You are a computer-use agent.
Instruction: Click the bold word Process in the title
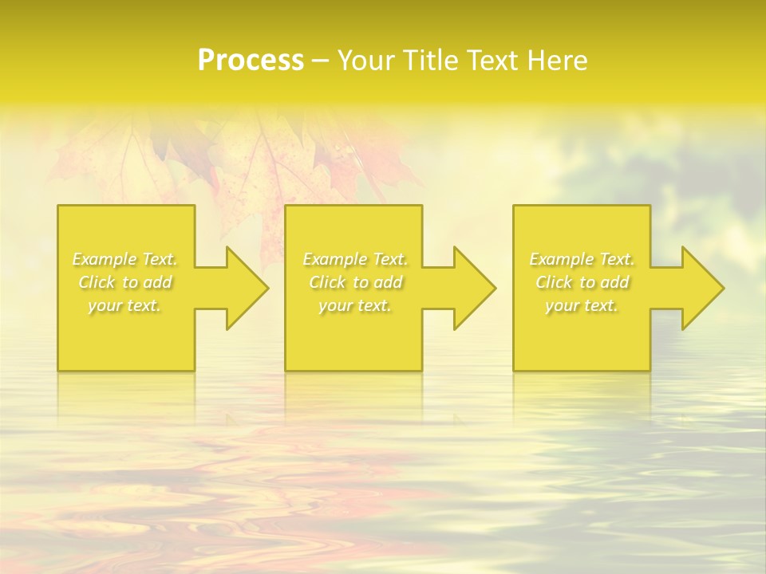[251, 61]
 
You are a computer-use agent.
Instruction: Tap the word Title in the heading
[431, 61]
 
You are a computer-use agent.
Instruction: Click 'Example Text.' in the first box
[124, 259]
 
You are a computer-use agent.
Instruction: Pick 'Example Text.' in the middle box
[355, 259]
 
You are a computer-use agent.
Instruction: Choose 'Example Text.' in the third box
[582, 259]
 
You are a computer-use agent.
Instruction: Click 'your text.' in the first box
[124, 305]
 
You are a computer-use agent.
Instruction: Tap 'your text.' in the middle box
[355, 305]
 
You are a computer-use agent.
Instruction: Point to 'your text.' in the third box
[582, 305]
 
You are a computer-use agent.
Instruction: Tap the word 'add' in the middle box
[387, 282]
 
